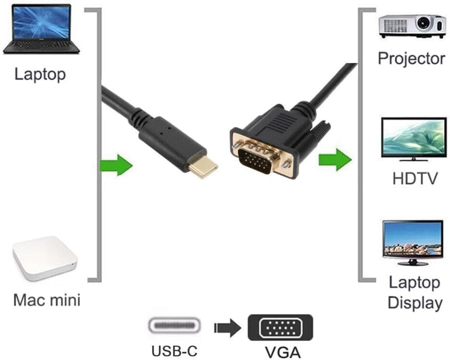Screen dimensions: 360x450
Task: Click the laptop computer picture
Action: (41, 29)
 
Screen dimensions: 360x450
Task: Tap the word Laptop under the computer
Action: (40, 74)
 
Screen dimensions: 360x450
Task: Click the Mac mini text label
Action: (47, 299)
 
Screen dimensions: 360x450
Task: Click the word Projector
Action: (411, 58)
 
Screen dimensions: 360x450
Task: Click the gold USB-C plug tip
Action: (202, 168)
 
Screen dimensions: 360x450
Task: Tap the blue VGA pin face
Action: (255, 161)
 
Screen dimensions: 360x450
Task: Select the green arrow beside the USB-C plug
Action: (116, 165)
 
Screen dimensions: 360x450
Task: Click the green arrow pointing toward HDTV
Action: (335, 160)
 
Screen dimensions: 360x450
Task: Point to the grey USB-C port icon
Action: (175, 326)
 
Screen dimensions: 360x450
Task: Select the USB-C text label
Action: (175, 350)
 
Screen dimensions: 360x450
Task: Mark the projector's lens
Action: (423, 22)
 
